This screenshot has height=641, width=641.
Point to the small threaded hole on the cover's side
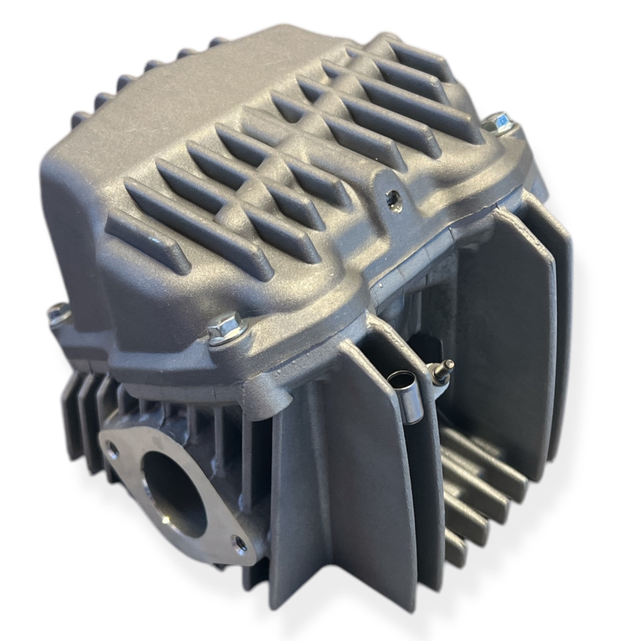click(x=393, y=199)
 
